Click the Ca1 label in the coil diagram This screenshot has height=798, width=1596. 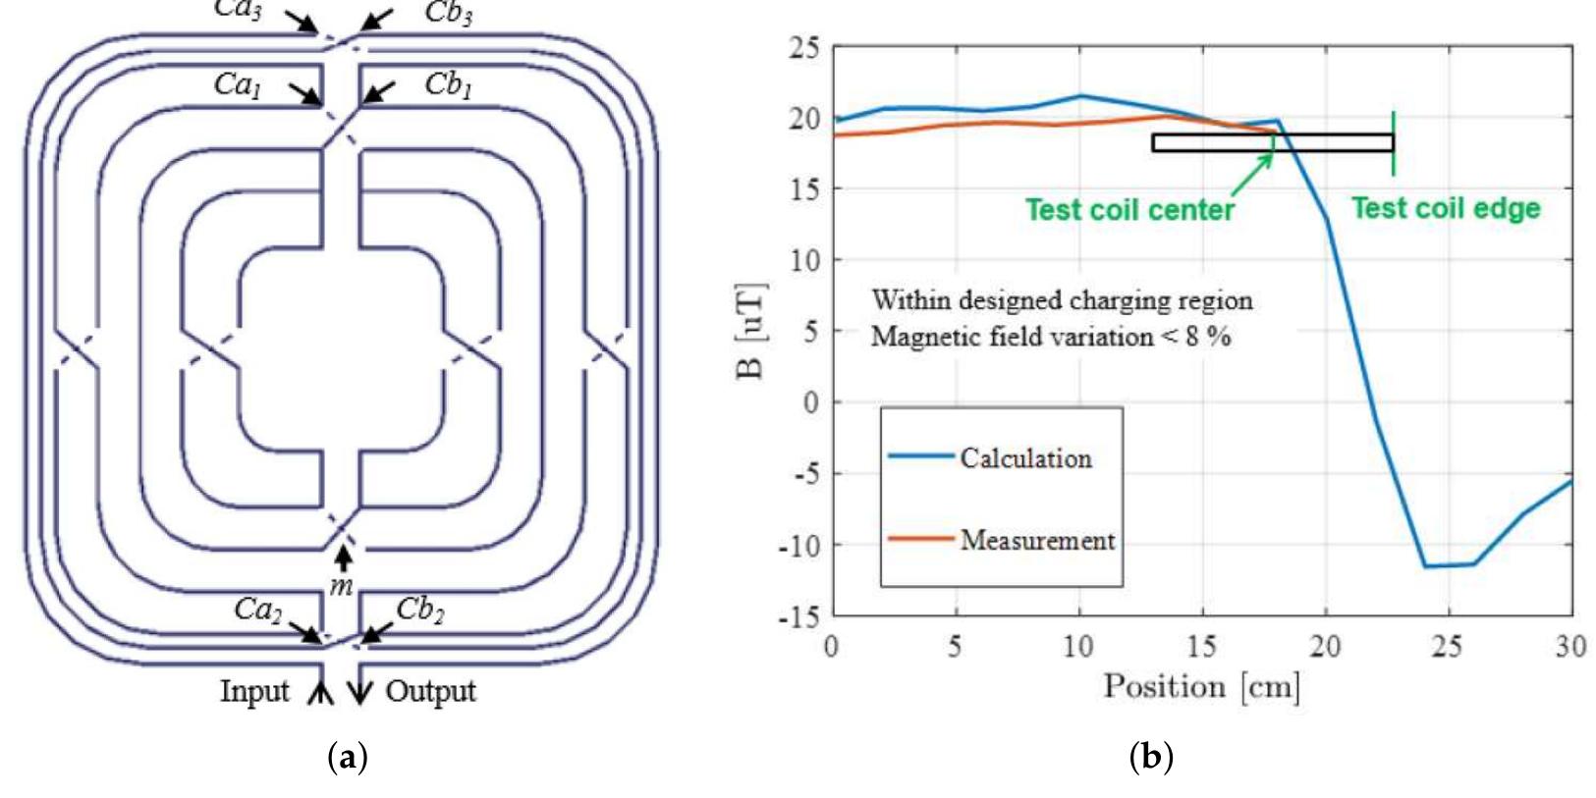238,84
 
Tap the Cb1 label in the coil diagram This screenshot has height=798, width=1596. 448,84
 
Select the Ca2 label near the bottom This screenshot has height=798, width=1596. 257,610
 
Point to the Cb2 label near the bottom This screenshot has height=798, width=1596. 419,610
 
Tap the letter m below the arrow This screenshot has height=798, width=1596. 341,587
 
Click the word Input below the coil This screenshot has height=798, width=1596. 254,691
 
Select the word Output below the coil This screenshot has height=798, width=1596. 430,691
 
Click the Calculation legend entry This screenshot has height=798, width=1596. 1025,457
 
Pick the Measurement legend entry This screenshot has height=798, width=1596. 1037,540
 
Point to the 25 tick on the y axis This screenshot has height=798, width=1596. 804,47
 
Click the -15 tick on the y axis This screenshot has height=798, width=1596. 799,616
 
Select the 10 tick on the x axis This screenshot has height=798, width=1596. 1078,646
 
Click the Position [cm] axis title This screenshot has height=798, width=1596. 1201,686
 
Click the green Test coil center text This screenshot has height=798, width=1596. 1129,210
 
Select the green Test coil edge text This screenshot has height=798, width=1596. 1445,208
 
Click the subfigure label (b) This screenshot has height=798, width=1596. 1151,757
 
